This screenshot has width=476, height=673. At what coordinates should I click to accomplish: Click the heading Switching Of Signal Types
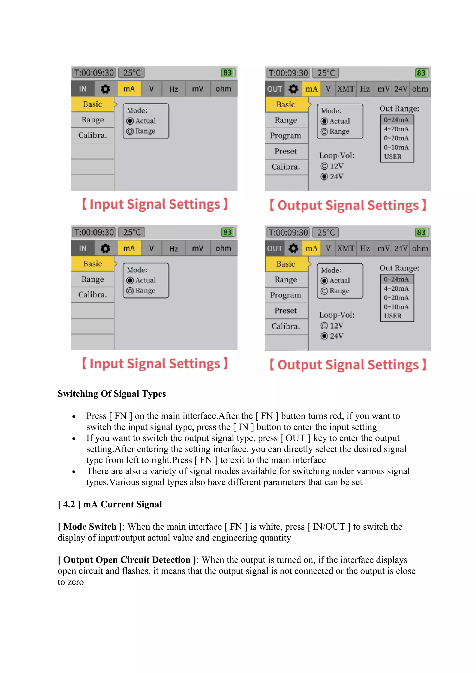pyautogui.click(x=112, y=394)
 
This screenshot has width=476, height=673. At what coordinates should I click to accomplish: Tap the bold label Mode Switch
pyautogui.click(x=90, y=527)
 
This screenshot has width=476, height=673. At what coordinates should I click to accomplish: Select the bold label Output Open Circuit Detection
pyautogui.click(x=127, y=560)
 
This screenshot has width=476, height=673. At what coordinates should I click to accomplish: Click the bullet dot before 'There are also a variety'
pyautogui.click(x=74, y=472)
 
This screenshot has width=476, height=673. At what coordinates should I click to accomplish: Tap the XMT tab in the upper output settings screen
pyautogui.click(x=346, y=89)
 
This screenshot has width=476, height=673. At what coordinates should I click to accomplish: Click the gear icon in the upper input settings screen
pyautogui.click(x=105, y=89)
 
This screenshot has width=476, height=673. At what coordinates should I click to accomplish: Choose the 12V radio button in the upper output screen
pyautogui.click(x=324, y=166)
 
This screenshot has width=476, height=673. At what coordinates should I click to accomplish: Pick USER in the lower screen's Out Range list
pyautogui.click(x=393, y=316)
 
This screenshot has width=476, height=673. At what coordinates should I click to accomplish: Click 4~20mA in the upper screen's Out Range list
pyautogui.click(x=396, y=129)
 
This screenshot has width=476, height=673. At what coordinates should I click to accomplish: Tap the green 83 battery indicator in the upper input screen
pyautogui.click(x=228, y=73)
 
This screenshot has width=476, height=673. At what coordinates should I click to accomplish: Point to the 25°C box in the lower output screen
pyautogui.click(x=326, y=232)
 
